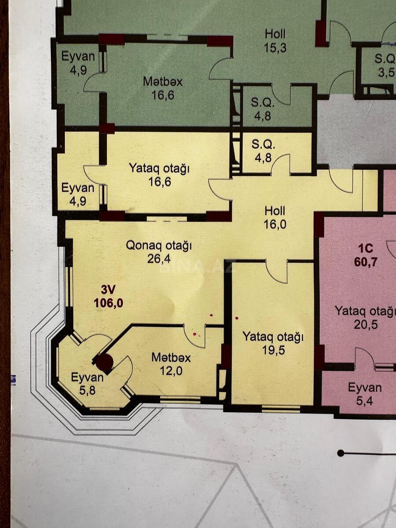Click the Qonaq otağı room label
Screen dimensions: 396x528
pos(159,246)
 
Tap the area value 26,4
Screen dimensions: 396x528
pos(159,259)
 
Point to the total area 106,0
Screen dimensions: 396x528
pos(108,303)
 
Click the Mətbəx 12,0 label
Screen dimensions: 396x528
pos(171,364)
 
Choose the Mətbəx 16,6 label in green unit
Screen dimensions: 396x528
pos(163,88)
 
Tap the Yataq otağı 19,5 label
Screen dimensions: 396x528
pos(273,343)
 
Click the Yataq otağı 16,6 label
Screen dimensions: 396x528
pos(159,175)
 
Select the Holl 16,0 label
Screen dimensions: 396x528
pos(275,218)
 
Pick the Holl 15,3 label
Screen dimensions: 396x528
pos(275,40)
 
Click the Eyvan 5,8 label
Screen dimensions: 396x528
pos(88,383)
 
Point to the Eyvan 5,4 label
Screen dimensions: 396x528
pos(365,395)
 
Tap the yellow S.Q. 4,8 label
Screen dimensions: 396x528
pos(263,151)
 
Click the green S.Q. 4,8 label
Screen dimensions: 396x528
pos(263,110)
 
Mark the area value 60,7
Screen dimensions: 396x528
pos(365,261)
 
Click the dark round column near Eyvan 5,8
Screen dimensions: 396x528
pos(105,362)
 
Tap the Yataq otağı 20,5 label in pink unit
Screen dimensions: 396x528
pos(365,318)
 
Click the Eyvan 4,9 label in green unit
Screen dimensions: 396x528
pos(78,63)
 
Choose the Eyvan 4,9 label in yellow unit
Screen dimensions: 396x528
pos(78,194)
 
